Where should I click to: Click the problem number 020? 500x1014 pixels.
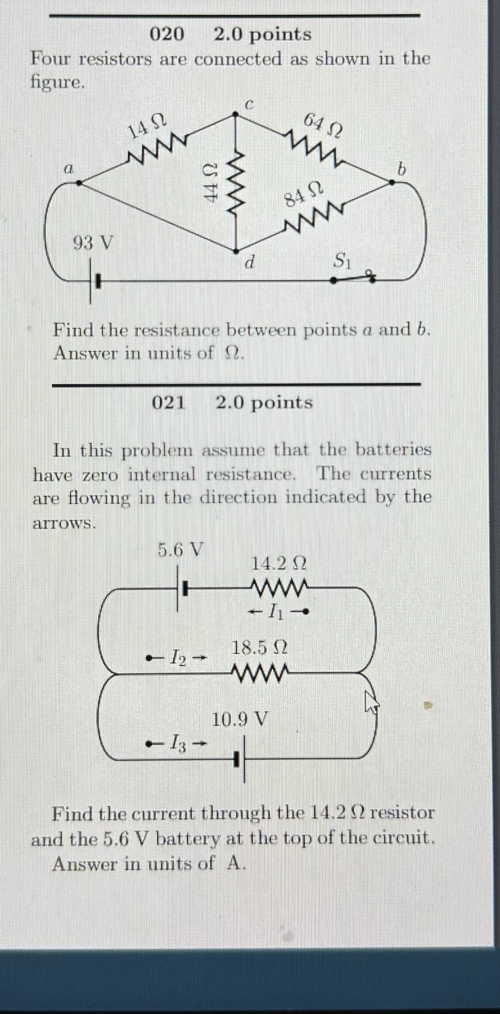coord(167,35)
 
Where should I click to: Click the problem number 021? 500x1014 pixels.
coord(168,402)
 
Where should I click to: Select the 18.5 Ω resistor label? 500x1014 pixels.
coord(260,647)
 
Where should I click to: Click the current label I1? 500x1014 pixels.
coord(279,611)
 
